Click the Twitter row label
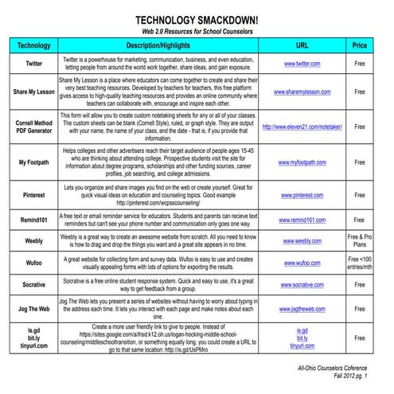(x=34, y=63)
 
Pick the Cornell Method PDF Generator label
(x=34, y=127)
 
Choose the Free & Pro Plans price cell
(x=360, y=241)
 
